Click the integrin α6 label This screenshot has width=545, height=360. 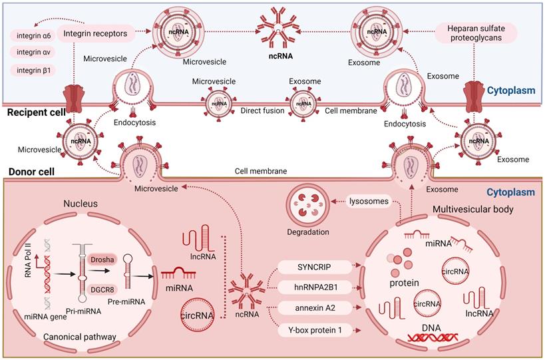[x=33, y=34]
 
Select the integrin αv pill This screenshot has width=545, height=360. [x=33, y=52]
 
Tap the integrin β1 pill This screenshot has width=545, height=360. [x=33, y=70]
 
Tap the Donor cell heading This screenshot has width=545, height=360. [x=29, y=172]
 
